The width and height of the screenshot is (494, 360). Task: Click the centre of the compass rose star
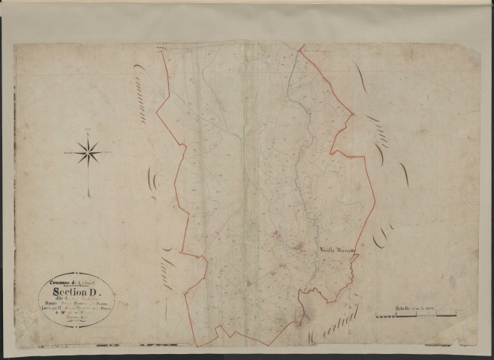coord(89,153)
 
